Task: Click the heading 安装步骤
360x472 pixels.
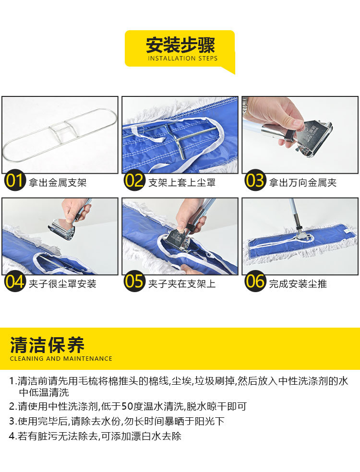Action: [x=180, y=45]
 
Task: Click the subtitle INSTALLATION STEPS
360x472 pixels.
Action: [x=182, y=59]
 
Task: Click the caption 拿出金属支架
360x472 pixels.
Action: [x=58, y=183]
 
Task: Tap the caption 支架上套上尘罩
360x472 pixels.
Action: [x=182, y=183]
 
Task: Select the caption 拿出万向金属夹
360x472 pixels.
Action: [x=302, y=183]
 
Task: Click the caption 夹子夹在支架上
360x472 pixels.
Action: [x=182, y=284]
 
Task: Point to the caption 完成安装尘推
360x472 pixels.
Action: [x=298, y=284]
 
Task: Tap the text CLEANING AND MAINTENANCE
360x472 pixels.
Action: [x=61, y=358]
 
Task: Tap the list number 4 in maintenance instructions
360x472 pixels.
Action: [x=12, y=437]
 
